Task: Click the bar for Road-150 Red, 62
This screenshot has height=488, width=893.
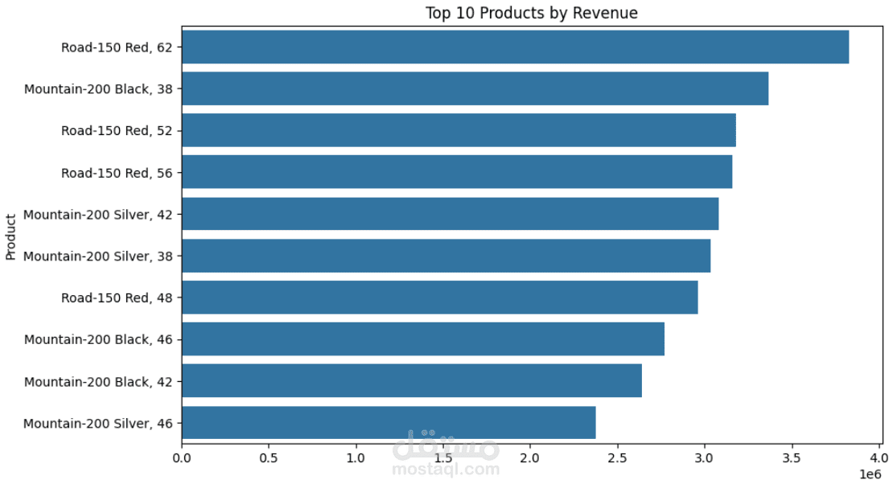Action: click(x=515, y=47)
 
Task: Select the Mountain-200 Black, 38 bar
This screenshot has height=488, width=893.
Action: click(x=475, y=88)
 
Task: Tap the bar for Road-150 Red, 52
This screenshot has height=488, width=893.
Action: click(x=459, y=130)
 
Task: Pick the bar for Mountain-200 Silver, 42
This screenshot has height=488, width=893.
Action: click(x=450, y=214)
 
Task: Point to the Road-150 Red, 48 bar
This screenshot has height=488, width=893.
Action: click(x=439, y=297)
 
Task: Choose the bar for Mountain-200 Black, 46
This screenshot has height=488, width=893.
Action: click(x=423, y=339)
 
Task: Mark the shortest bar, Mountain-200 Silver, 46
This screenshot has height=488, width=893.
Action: click(x=389, y=423)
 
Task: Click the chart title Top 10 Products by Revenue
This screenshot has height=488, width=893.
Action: click(x=531, y=13)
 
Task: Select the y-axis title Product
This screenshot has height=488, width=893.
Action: click(x=11, y=236)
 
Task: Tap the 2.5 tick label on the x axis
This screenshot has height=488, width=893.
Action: click(x=617, y=458)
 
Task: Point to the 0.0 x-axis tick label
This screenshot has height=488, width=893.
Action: click(x=182, y=458)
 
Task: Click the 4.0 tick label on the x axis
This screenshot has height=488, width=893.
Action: click(x=879, y=458)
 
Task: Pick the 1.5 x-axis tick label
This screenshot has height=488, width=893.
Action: click(x=443, y=458)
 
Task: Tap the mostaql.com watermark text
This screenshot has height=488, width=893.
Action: click(x=446, y=469)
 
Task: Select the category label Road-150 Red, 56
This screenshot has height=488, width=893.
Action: click(x=121, y=172)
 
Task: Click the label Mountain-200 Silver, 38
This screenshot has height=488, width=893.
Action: click(x=103, y=256)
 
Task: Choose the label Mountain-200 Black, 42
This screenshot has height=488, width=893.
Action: click(x=103, y=381)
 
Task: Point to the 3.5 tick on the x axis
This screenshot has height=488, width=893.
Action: click(x=792, y=458)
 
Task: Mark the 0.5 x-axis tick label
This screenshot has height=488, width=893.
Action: click(x=269, y=458)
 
